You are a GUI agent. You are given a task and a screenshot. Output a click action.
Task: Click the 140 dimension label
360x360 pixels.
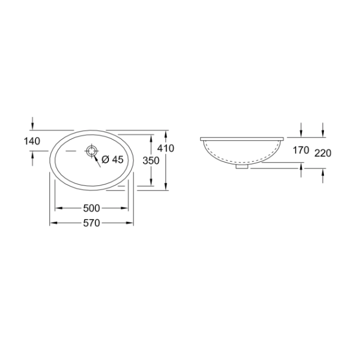(x=31, y=141)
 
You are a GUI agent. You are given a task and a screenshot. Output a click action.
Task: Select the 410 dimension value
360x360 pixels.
(x=165, y=148)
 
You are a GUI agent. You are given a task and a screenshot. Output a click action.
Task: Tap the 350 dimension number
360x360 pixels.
(x=150, y=160)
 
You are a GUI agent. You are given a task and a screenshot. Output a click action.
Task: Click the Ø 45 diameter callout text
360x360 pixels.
(x=112, y=159)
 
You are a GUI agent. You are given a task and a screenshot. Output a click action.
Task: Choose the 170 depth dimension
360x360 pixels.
(x=301, y=150)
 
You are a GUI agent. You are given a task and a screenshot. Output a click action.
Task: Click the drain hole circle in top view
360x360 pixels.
(x=91, y=150)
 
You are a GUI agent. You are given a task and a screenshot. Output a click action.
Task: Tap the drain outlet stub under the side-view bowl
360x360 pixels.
(x=242, y=167)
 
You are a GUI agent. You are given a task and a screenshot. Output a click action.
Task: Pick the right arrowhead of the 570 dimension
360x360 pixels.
(x=131, y=223)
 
